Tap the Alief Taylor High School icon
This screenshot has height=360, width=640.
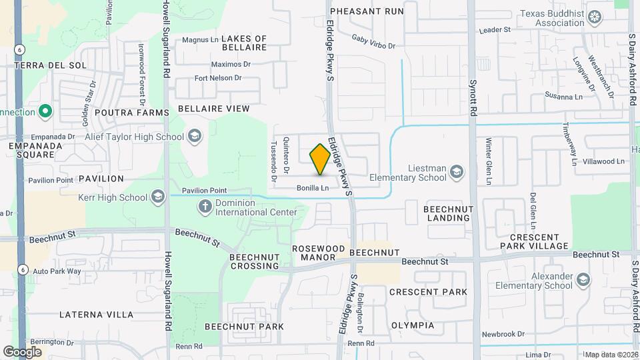(x=194, y=137)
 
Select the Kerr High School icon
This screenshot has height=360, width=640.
(x=158, y=197)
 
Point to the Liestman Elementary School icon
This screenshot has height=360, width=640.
(x=457, y=173)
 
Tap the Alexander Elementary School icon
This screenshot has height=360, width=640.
(x=584, y=279)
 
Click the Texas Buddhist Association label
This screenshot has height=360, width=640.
(x=551, y=18)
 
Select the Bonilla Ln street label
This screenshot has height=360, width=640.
(x=313, y=189)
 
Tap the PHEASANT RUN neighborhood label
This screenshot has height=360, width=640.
(x=367, y=11)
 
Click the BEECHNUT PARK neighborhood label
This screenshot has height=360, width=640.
(x=244, y=327)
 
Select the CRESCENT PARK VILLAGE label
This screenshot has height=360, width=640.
(x=538, y=242)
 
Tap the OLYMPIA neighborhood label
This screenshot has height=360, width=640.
(x=412, y=325)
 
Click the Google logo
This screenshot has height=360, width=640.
(x=22, y=351)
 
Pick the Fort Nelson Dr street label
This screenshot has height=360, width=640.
(x=217, y=78)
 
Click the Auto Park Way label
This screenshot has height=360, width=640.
(x=57, y=271)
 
